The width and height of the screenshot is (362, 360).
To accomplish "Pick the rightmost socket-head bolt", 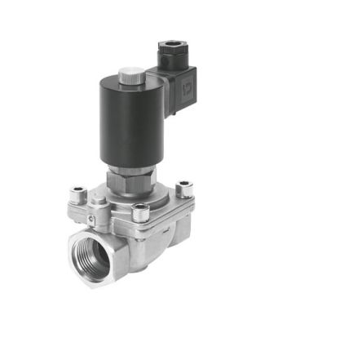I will pos(184,188).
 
